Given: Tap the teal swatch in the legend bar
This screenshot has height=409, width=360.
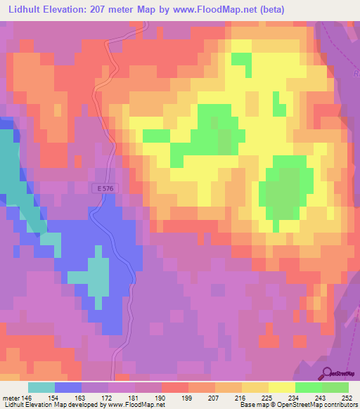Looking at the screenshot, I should (41, 387).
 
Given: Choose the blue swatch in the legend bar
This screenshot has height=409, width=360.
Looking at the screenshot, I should (68, 387).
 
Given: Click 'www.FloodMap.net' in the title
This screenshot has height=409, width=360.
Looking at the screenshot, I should (234, 8).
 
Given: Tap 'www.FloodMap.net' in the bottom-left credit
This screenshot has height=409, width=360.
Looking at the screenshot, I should (134, 405).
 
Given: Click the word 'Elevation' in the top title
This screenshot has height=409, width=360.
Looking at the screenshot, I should (75, 8).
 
